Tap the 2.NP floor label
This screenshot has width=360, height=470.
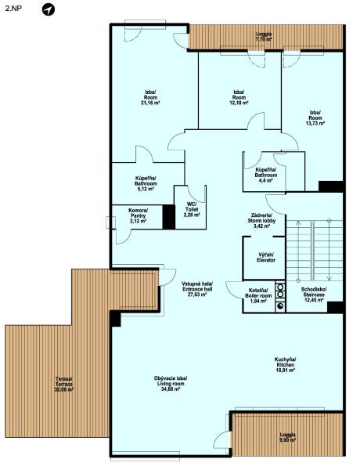point(13,9)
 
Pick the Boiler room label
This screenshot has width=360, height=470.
point(259,295)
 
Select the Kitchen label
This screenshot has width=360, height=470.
point(286,363)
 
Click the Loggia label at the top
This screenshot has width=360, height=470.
point(265,36)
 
